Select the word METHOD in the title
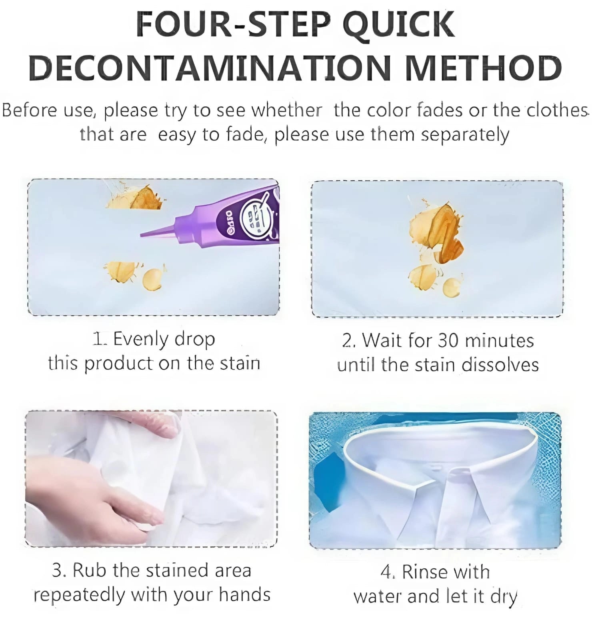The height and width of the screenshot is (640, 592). [483, 68]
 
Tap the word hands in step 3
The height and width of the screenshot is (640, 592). [244, 595]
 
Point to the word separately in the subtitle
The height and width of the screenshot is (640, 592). [465, 134]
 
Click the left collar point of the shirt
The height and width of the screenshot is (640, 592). [416, 486]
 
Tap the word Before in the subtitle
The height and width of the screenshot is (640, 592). [30, 110]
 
